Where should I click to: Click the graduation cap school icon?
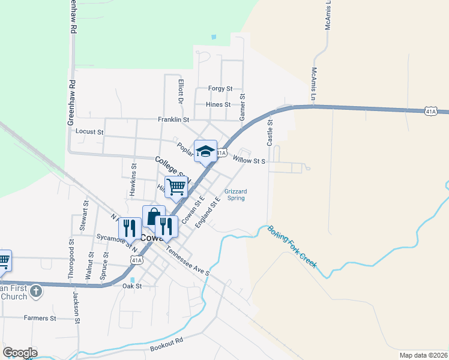(x=205, y=151)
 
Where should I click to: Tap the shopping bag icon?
(x=154, y=216)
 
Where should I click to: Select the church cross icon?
(x=36, y=292)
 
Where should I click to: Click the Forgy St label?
(x=220, y=89)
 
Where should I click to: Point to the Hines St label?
(x=218, y=104)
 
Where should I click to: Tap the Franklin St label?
(x=173, y=119)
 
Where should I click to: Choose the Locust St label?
(x=89, y=131)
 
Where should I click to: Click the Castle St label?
(x=270, y=132)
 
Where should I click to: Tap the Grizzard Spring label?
(x=236, y=194)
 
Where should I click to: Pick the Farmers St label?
(x=40, y=317)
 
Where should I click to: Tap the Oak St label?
(x=131, y=286)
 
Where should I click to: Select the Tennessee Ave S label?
(x=187, y=262)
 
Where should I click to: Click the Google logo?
(x=20, y=352)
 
